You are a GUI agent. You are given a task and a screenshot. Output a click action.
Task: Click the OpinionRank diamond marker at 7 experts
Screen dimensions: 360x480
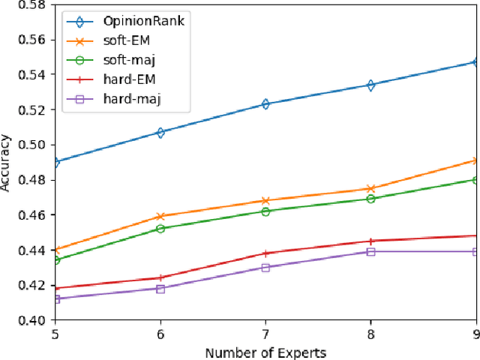(x=265, y=104)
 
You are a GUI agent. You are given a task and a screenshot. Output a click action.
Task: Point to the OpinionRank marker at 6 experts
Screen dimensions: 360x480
(x=160, y=132)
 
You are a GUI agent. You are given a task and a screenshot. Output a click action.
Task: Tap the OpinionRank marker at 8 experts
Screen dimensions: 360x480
(x=370, y=85)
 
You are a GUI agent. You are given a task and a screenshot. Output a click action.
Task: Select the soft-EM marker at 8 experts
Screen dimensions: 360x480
(x=370, y=189)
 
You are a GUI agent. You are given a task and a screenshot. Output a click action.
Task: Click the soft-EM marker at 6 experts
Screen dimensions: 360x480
(x=160, y=217)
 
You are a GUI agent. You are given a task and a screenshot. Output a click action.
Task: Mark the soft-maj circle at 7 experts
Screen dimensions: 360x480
(x=265, y=211)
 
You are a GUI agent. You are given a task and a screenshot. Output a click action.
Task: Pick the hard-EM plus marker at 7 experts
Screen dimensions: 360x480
(x=265, y=253)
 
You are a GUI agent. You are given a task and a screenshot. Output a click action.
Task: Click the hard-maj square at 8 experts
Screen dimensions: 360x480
(x=370, y=252)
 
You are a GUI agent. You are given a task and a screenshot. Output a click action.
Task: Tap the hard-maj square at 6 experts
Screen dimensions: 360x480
(x=160, y=289)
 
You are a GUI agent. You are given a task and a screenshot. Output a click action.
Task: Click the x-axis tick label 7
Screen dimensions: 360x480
(x=265, y=334)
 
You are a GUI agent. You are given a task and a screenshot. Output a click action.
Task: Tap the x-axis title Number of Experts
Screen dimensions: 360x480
(x=265, y=351)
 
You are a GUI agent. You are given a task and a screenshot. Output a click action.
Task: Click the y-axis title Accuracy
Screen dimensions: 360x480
(x=7, y=163)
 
